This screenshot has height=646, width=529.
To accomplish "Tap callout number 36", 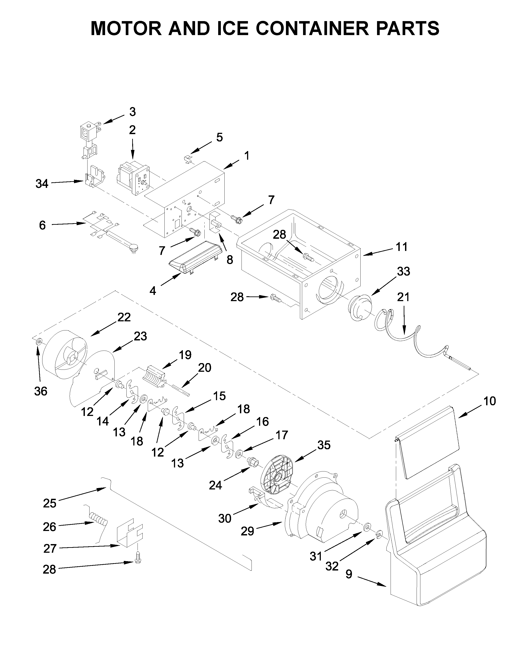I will tap(40, 391).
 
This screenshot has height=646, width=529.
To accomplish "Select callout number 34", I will tap(42, 184).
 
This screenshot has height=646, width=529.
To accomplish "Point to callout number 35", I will tap(324, 445).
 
